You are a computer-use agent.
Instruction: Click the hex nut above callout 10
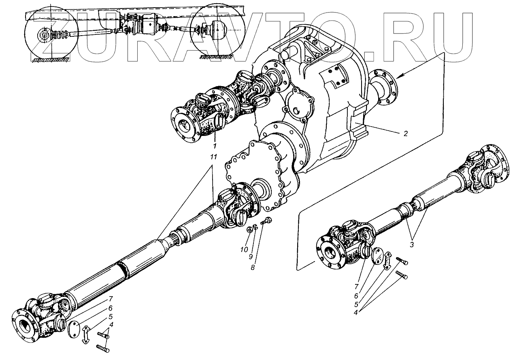click(x=250, y=230)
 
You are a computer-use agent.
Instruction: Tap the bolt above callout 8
click(x=266, y=221)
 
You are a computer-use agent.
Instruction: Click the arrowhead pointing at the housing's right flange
click(x=398, y=76)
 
